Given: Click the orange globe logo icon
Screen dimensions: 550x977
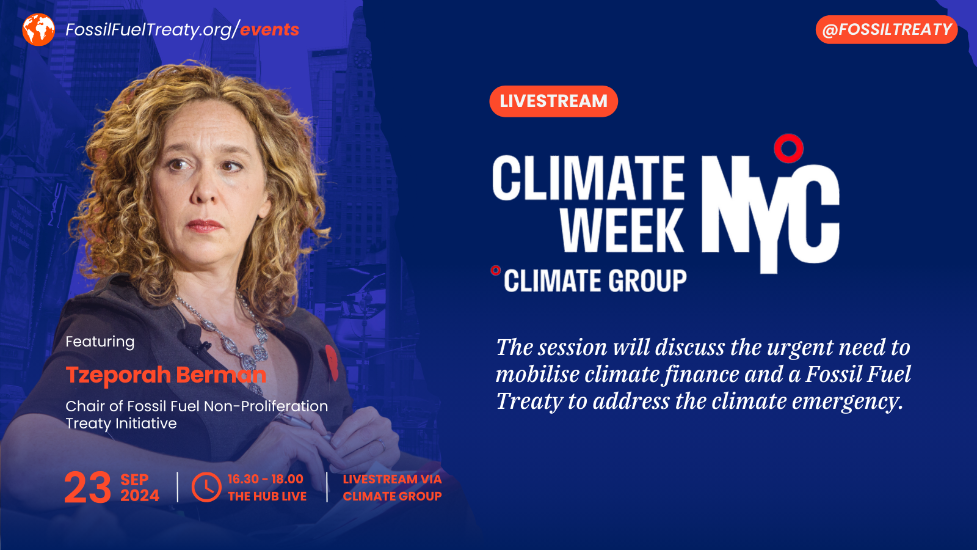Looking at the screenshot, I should (x=38, y=29).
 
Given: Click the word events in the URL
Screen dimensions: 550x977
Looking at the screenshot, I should (x=269, y=29).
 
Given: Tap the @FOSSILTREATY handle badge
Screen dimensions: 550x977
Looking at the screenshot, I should (x=886, y=29).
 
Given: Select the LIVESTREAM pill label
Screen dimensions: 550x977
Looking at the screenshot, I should (x=553, y=101).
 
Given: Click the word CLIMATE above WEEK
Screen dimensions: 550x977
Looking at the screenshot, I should (x=588, y=178).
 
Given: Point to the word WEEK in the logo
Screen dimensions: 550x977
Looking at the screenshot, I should (x=622, y=230).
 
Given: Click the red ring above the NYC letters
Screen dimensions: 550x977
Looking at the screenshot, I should (x=788, y=148).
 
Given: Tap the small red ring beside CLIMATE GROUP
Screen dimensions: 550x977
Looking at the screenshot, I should (x=495, y=270).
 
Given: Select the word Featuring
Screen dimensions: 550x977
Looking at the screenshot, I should (x=100, y=342).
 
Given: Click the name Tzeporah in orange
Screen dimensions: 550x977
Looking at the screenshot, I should (x=118, y=375).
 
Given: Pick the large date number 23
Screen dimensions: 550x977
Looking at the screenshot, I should (x=88, y=488).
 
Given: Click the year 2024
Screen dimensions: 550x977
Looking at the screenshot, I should (x=140, y=496).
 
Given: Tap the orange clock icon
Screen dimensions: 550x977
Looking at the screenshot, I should (x=206, y=487).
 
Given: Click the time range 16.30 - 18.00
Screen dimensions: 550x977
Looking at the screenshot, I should (x=265, y=479).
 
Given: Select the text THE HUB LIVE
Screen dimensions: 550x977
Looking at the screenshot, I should (x=267, y=496).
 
